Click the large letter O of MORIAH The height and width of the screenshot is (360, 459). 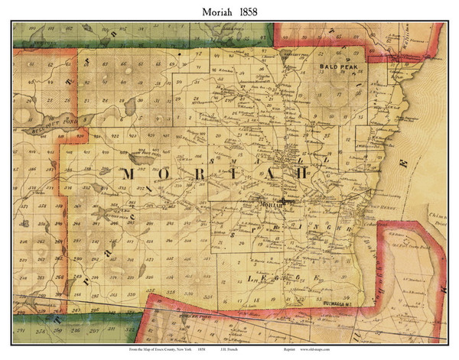click(x=162, y=175)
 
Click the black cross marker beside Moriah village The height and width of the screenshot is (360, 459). click(x=285, y=201)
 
